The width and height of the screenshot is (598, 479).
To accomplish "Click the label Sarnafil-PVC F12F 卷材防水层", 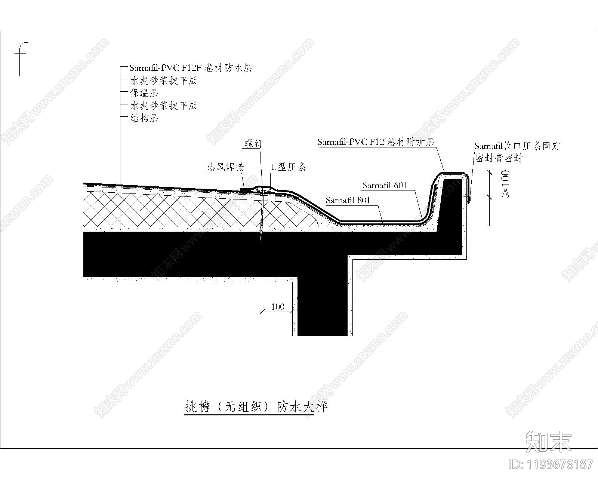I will click(191, 68).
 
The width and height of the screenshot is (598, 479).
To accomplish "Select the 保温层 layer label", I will click(144, 93).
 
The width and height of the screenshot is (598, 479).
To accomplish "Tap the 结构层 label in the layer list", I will click(144, 118).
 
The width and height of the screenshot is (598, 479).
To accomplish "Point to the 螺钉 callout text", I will click(254, 143).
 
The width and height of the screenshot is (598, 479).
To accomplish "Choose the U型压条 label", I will click(288, 167).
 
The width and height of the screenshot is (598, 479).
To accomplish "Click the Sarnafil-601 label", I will click(385, 185).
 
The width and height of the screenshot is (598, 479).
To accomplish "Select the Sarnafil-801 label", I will click(348, 200).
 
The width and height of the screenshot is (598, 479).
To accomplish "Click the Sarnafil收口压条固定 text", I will click(518, 146).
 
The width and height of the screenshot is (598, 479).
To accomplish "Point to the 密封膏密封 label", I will click(499, 158).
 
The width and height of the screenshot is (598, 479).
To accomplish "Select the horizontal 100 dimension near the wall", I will click(277, 307).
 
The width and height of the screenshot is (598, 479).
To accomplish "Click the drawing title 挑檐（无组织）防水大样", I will click(256, 407).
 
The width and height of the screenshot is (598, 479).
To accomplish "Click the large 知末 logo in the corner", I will click(548, 442).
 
